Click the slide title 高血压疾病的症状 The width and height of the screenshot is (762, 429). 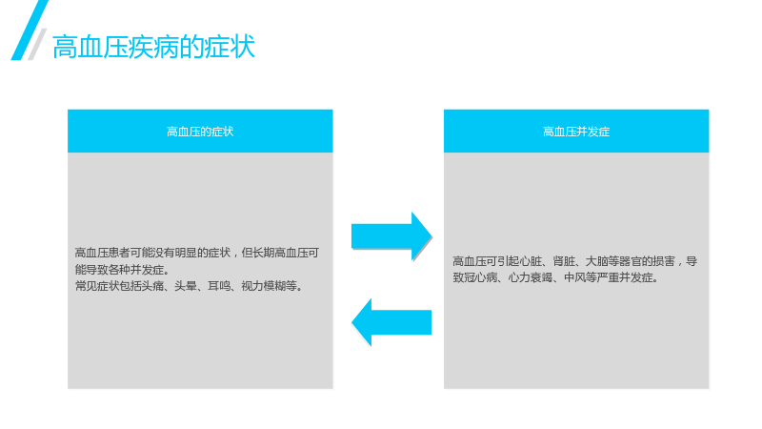click(x=153, y=47)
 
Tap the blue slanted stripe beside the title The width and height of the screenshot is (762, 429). click(x=30, y=31)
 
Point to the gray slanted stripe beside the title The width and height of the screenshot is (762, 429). click(x=37, y=44)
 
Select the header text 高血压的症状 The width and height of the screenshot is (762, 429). click(x=200, y=132)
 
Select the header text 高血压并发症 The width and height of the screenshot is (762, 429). click(x=576, y=132)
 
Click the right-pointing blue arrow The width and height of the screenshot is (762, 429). click(x=391, y=236)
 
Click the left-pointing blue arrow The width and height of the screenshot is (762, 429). click(x=391, y=322)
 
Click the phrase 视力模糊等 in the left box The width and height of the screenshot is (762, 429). click(x=269, y=286)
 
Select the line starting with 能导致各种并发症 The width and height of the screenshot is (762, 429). click(x=122, y=270)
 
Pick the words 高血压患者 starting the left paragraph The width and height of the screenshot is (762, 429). click(x=102, y=253)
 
